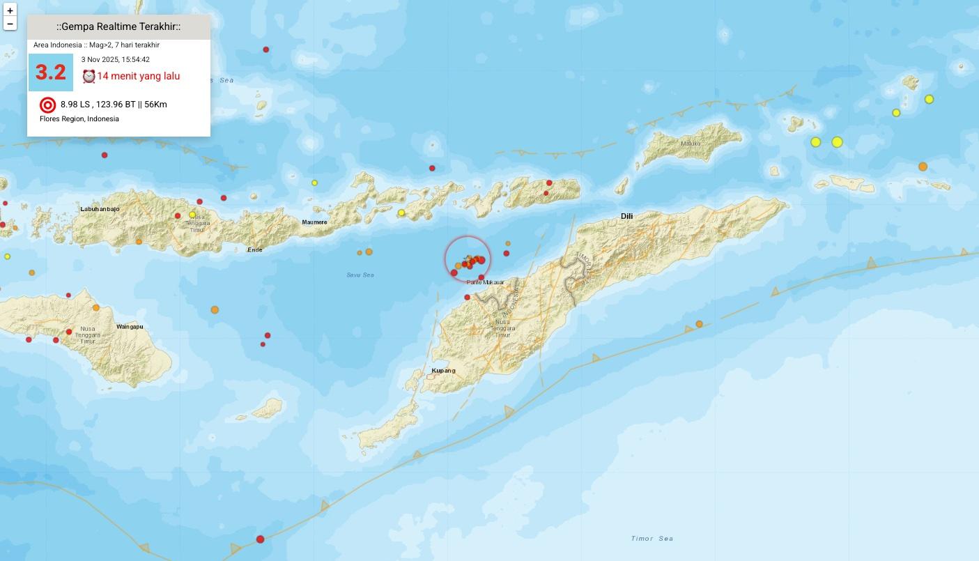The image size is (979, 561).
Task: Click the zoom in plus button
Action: (10, 11)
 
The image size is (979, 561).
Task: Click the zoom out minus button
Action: (10, 24)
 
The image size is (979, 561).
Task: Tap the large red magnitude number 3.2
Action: (51, 72)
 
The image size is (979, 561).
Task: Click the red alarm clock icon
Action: (88, 76)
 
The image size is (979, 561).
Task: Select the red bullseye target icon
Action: (47, 105)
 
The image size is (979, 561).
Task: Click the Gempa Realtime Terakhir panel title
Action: (118, 27)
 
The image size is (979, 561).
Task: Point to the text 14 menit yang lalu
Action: (138, 76)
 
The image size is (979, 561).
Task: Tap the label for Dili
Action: (626, 216)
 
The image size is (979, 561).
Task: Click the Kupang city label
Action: (443, 371)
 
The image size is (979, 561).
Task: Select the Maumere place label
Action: (314, 222)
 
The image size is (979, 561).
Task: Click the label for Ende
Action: (255, 249)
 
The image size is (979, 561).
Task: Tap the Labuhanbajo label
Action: (100, 209)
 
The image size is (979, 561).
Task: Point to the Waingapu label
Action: (130, 327)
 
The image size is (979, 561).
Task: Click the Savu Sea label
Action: (360, 275)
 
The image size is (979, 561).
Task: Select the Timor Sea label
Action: (652, 539)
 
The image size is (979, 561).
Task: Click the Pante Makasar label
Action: (485, 282)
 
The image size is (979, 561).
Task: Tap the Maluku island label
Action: (691, 144)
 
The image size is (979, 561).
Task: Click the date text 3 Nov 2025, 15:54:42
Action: (115, 60)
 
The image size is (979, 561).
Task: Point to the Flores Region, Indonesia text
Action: (79, 119)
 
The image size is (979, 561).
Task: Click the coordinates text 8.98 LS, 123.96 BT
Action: (98, 105)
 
